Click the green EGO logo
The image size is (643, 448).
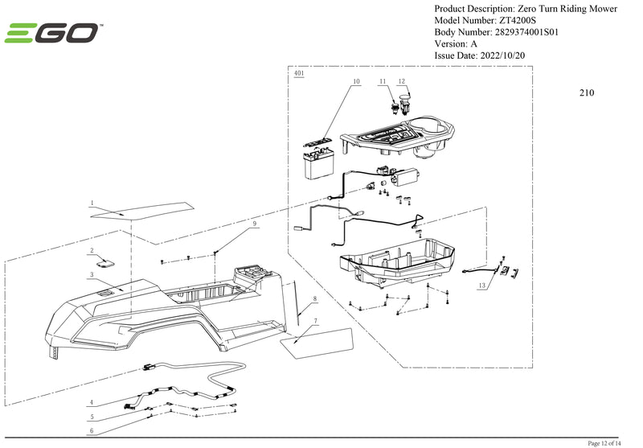pos(53,33)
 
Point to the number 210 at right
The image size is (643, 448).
pos(586,92)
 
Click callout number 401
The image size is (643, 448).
pos(299,73)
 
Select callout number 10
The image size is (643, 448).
pos(356,82)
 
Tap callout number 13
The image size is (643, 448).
pos(482,285)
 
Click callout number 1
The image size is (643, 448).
pos(92,203)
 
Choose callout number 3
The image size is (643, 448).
pos(92,274)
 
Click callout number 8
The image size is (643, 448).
pos(314,298)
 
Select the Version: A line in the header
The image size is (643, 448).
pos(456,43)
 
